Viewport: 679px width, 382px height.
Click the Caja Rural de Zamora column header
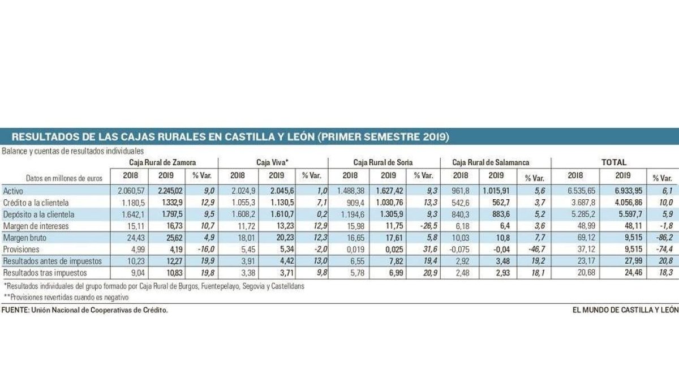[162, 162]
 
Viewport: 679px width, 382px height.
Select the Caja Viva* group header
[272, 162]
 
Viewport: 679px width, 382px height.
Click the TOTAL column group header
[614, 162]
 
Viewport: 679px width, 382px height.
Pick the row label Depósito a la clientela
[39, 214]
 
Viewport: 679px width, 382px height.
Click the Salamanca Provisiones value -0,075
[463, 250]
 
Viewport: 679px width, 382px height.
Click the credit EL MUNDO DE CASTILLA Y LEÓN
[625, 310]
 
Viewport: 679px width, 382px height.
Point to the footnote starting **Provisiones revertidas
[66, 297]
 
